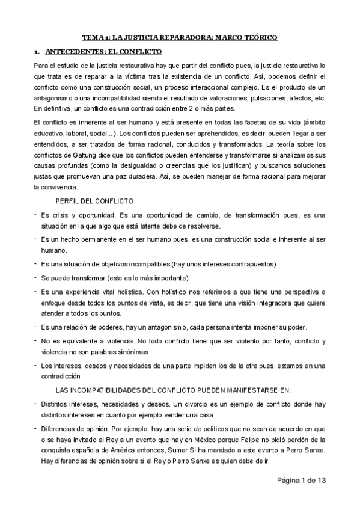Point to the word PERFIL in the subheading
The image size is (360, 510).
point(67,200)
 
